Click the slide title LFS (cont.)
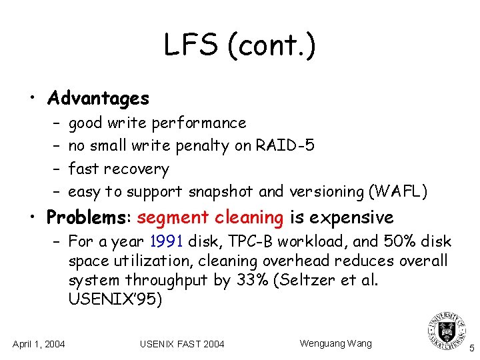pos(240,47)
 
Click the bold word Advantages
pos(99,99)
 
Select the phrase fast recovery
pos(119,169)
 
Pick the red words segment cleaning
pos(210,218)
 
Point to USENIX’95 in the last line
pos(115,300)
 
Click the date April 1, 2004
pos(39,344)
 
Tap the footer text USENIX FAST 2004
pos(182,344)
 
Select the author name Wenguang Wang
pos(335,343)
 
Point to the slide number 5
pos(471,348)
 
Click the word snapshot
pos(221,192)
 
